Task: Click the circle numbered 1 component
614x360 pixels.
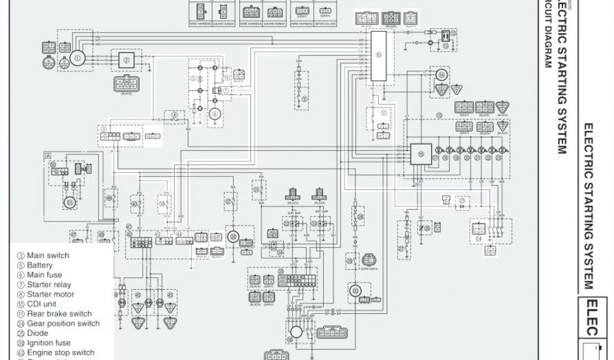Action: coord(76,58)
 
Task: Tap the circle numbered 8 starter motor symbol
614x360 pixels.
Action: coord(213,115)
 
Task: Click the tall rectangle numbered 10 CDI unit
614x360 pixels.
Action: coord(378,57)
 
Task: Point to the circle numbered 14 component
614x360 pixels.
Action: coord(442,75)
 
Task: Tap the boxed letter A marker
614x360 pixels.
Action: coord(47,155)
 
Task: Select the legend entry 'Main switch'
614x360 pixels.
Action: coord(48,256)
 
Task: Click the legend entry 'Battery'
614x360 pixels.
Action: coord(40,265)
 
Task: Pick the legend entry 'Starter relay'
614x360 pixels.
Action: coord(49,285)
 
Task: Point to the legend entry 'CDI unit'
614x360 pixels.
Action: coord(44,304)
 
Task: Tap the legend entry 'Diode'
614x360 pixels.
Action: coord(38,334)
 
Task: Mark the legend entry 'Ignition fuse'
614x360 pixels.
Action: coord(49,343)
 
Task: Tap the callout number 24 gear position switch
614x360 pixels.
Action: coord(479,238)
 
